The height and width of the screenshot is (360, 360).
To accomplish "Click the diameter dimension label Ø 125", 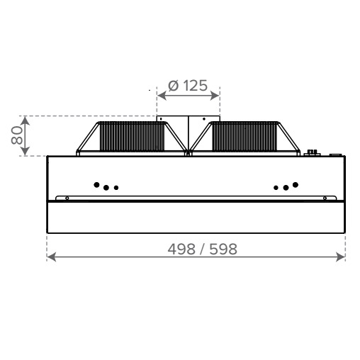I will click(188, 86).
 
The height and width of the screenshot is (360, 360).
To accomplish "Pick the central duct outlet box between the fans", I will click(188, 131).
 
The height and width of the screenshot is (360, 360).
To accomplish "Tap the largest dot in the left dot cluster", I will click(97, 185).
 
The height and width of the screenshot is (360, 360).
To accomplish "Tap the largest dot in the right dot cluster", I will click(295, 185).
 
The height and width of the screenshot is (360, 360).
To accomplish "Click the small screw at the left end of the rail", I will click(67, 198).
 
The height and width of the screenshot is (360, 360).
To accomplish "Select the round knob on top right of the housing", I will click(310, 152).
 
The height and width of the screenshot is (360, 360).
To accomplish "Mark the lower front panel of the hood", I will click(196, 218).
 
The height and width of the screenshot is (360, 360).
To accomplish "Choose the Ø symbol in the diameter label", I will click(173, 86).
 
